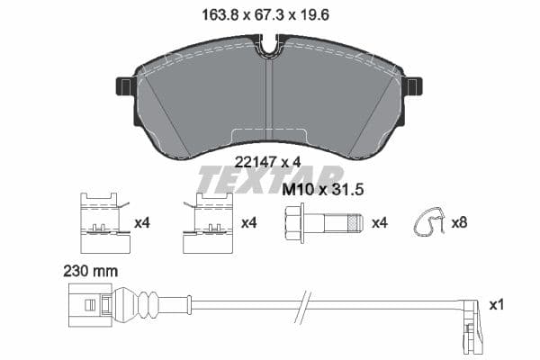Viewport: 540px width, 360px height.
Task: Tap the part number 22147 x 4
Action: (x=267, y=161)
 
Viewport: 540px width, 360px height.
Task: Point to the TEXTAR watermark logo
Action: (x=270, y=178)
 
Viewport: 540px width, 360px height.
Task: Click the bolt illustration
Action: (x=323, y=221)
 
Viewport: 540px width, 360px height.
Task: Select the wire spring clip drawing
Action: (x=430, y=223)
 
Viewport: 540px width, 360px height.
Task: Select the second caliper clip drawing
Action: (x=209, y=224)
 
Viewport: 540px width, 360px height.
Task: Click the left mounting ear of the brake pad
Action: (x=124, y=86)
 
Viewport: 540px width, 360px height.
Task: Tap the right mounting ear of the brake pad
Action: (x=413, y=86)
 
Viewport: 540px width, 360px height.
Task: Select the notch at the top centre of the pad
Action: (x=268, y=45)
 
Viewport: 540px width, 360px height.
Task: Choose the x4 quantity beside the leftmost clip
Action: (x=140, y=222)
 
